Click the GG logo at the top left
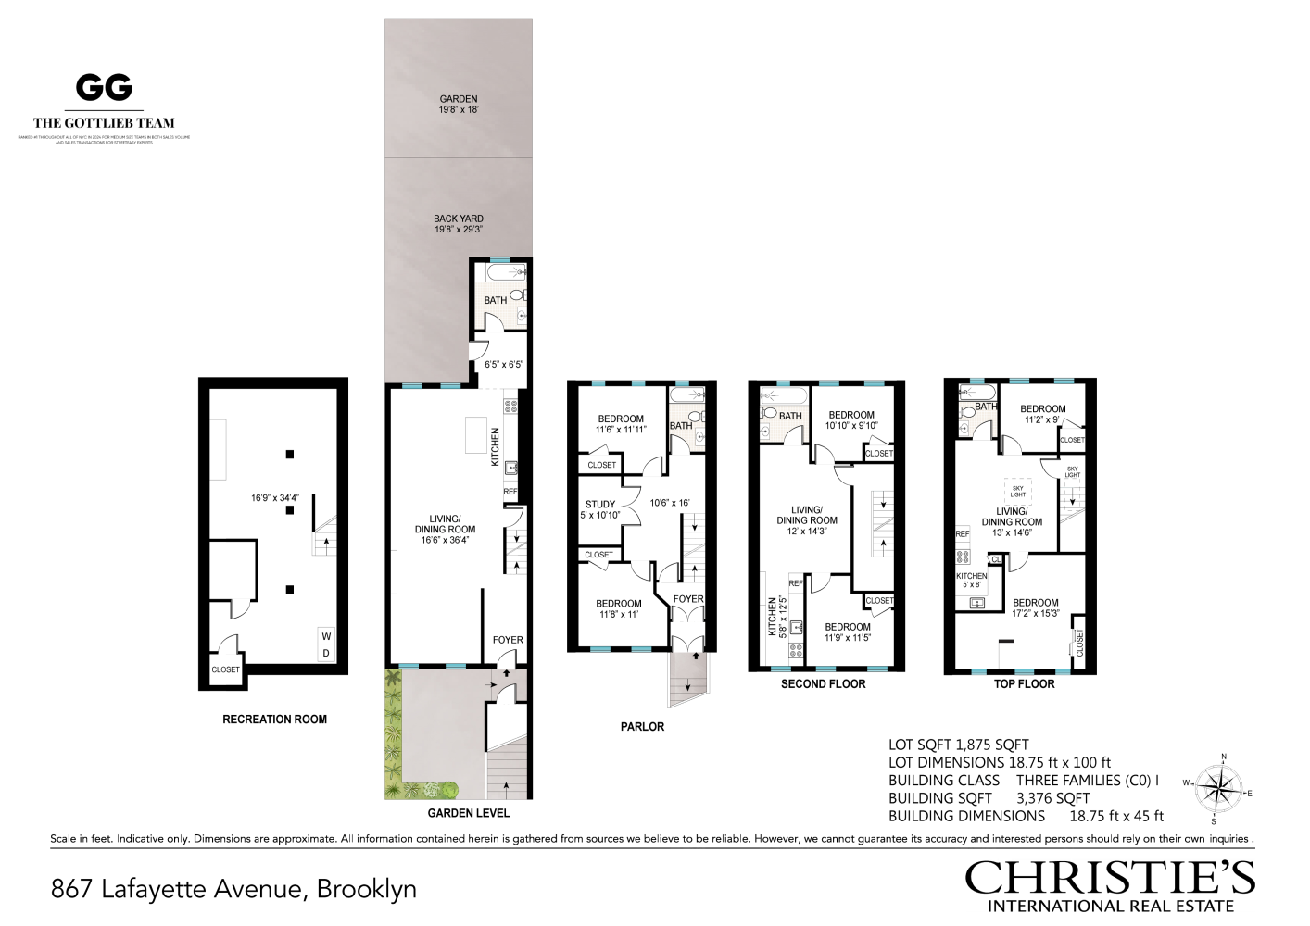[x=104, y=88]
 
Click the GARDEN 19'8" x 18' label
[x=459, y=104]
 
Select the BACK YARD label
[x=459, y=219]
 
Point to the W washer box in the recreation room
[x=326, y=636]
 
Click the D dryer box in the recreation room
[x=326, y=654]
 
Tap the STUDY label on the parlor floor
[x=600, y=505]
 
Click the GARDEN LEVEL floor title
[x=469, y=813]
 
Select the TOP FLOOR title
[x=1024, y=683]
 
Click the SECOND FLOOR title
[x=823, y=683]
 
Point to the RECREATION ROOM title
[x=274, y=719]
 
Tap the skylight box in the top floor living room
[x=1018, y=491]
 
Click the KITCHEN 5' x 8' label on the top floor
[x=972, y=580]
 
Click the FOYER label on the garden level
[x=508, y=640]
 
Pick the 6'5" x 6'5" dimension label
[x=504, y=364]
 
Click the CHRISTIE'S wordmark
[x=1110, y=877]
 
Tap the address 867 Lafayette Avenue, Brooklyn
[x=233, y=889]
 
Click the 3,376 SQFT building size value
[x=1052, y=798]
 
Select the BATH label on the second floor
[x=790, y=416]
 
